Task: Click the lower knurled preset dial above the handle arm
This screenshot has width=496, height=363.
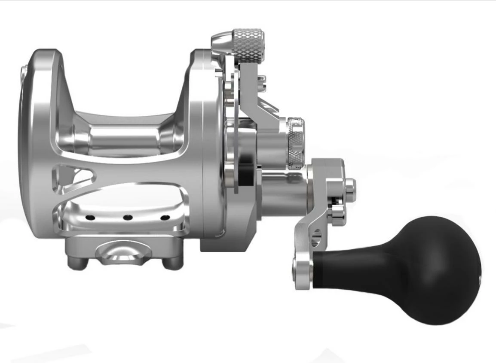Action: pos(296,142)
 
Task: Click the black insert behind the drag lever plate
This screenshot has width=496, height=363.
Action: pos(246,176)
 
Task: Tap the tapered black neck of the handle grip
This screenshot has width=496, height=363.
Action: pos(357,270)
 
